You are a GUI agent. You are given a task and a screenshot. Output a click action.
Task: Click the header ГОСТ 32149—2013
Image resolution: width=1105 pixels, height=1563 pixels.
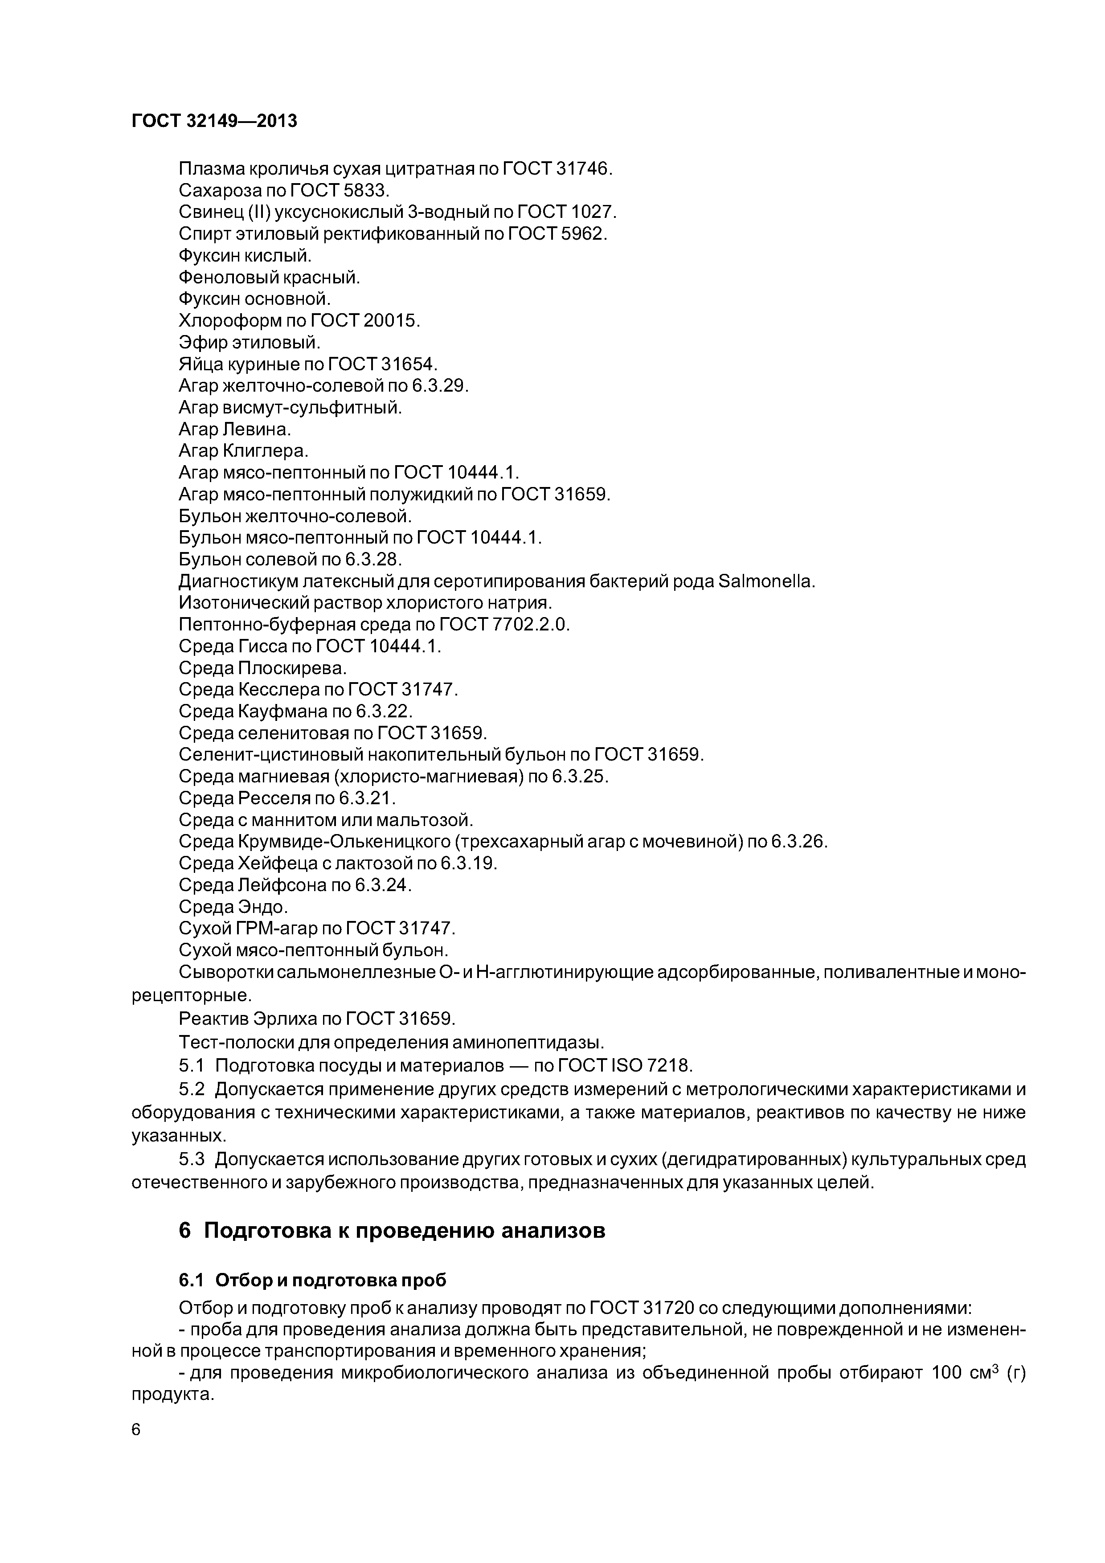[x=214, y=121]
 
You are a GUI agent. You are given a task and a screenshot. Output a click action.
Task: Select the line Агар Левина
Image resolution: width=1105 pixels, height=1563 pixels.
[x=234, y=430]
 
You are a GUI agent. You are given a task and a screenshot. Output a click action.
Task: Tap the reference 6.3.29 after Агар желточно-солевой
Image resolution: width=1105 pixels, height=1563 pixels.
[x=439, y=386]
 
